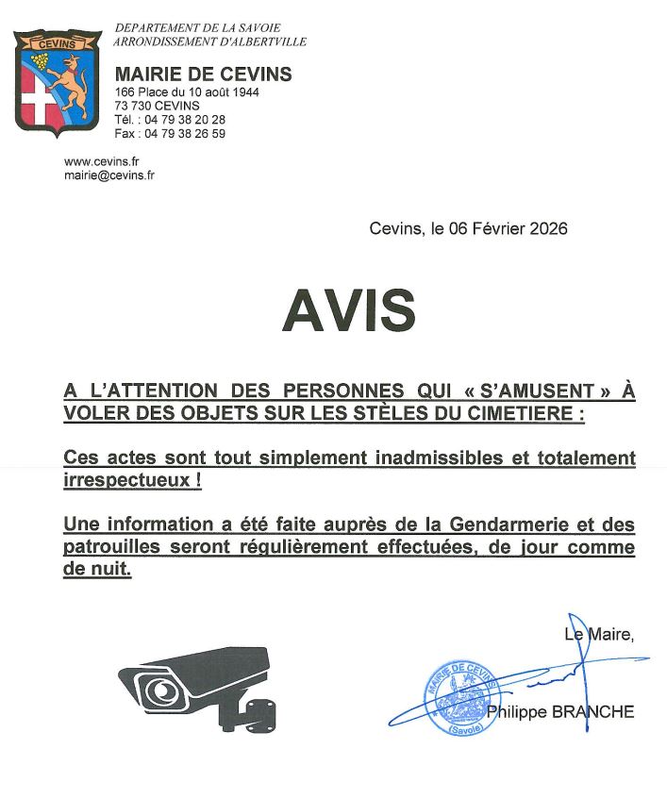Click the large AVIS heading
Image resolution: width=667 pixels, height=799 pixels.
click(348, 308)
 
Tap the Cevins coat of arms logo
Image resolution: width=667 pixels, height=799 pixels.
click(57, 83)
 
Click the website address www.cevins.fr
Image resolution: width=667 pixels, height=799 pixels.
click(102, 161)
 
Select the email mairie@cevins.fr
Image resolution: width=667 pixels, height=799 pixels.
click(109, 175)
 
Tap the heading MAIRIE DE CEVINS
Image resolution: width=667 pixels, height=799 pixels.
click(203, 75)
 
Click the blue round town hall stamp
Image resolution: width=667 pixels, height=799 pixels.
click(460, 699)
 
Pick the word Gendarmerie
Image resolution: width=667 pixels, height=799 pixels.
click(492, 524)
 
